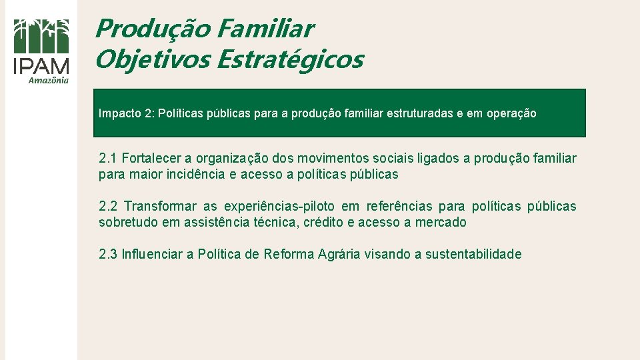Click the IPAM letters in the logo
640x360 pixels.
(41, 66)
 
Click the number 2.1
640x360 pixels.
(107, 159)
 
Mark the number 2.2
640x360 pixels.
(108, 207)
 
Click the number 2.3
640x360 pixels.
(107, 255)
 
